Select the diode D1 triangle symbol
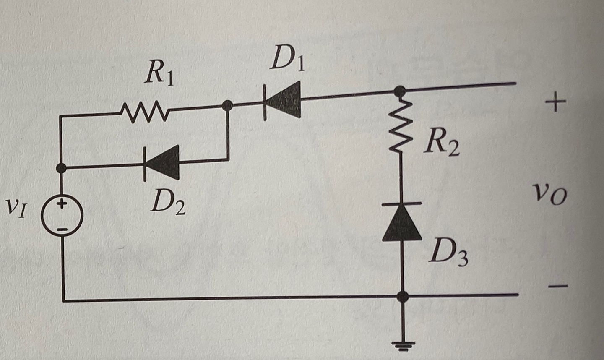[x=284, y=100]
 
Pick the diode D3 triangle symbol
[x=402, y=222]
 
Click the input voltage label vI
[x=16, y=208]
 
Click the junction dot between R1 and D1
[x=227, y=106]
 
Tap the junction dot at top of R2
[x=401, y=91]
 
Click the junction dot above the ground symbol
[x=403, y=297]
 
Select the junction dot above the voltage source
[x=62, y=168]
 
